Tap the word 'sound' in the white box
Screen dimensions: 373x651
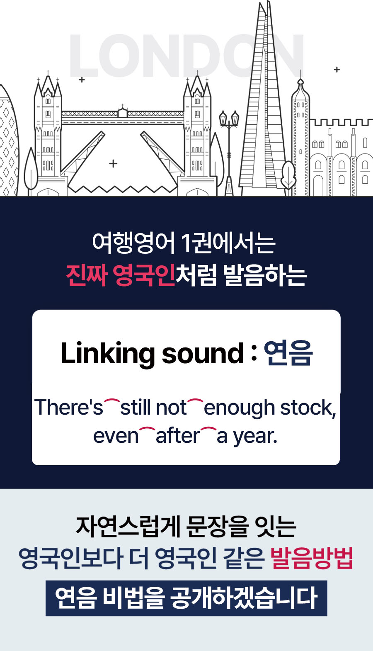pos(203,353)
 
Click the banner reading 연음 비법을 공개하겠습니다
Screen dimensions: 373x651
pos(186,598)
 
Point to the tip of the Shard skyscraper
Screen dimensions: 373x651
pos(268,2)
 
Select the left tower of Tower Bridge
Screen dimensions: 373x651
pos(48,132)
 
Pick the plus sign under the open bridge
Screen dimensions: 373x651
pos(113,164)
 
